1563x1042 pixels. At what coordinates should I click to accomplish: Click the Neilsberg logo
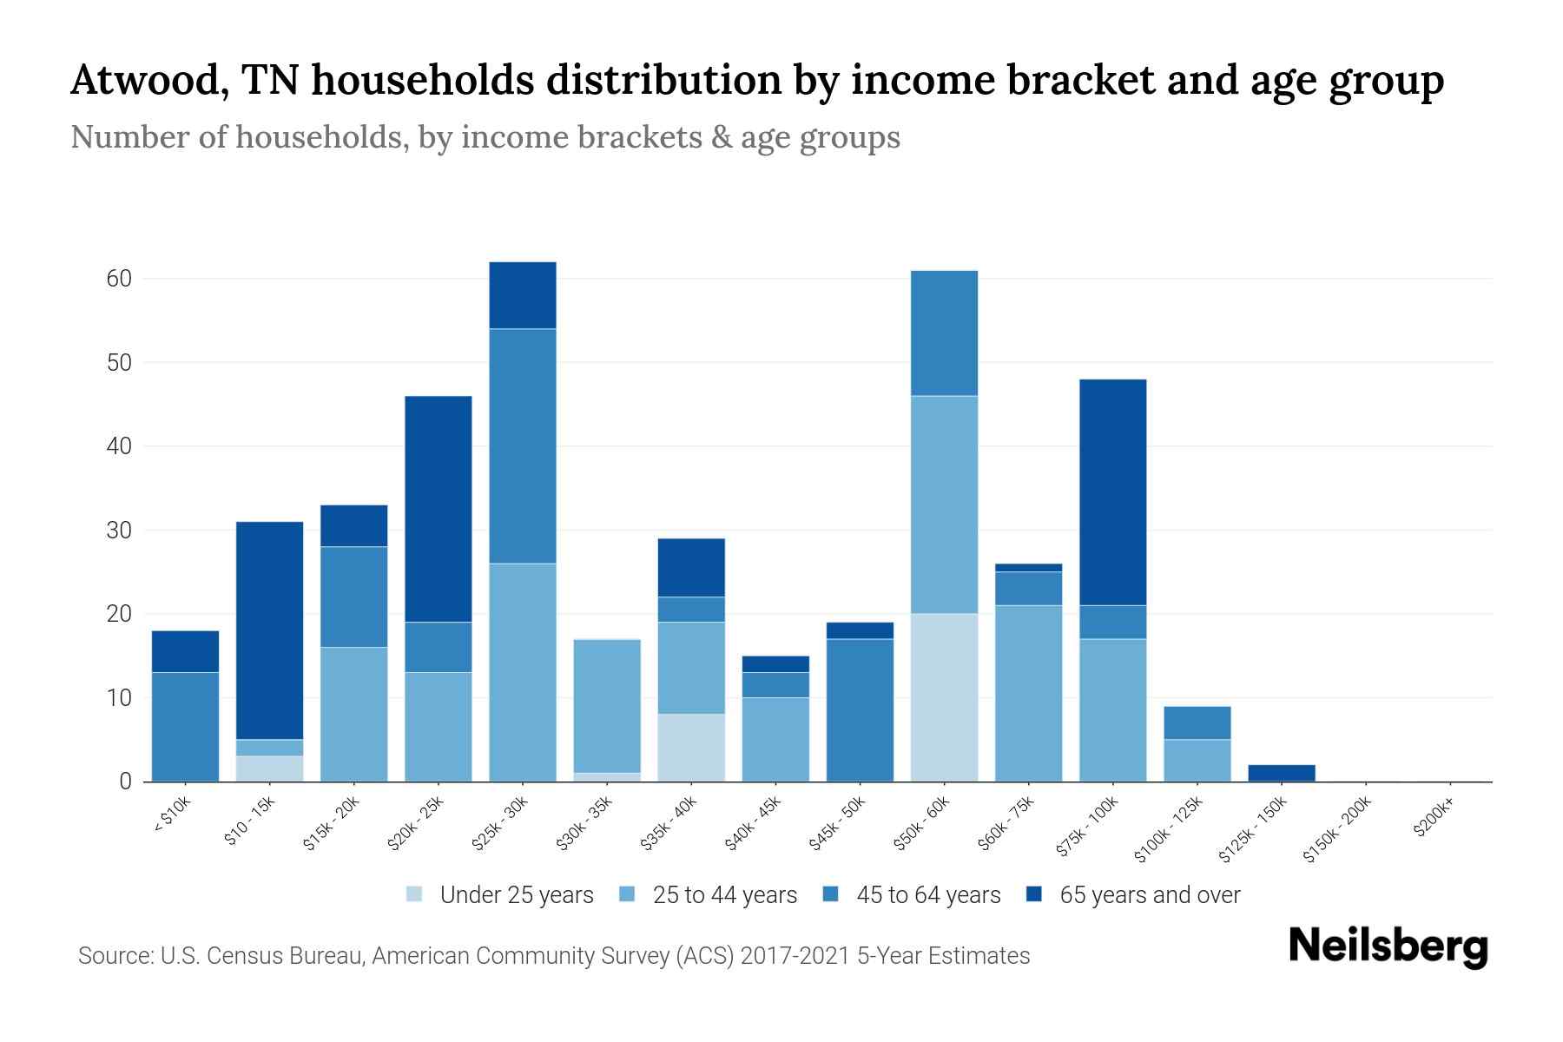tap(1388, 946)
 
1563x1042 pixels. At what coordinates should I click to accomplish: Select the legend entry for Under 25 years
tap(500, 895)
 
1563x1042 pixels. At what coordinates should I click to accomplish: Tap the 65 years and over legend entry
tap(1133, 895)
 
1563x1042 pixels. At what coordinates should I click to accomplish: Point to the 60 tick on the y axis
tap(119, 279)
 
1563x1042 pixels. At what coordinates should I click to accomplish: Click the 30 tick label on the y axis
tap(119, 531)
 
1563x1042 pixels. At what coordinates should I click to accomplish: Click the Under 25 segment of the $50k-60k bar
tap(944, 697)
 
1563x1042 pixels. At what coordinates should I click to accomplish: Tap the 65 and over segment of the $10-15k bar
tap(269, 630)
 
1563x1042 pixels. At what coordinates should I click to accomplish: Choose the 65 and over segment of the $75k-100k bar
tap(1112, 492)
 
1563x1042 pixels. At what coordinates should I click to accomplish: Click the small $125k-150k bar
tap(1281, 773)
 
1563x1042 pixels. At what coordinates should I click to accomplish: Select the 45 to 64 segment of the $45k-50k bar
tap(860, 709)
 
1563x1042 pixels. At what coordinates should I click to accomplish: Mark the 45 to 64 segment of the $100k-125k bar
tap(1197, 722)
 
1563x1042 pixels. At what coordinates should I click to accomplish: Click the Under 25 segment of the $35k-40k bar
tap(691, 748)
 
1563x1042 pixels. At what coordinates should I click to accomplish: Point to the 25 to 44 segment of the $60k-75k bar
tap(1028, 693)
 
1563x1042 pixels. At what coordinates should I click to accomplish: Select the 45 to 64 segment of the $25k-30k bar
tap(523, 446)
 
